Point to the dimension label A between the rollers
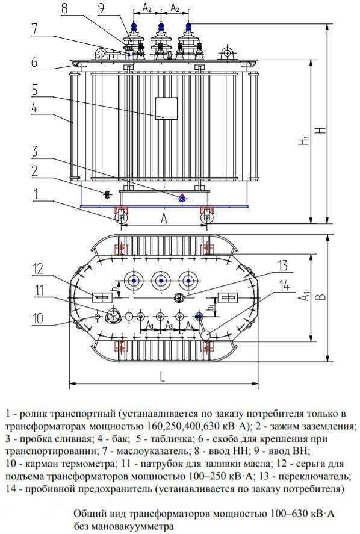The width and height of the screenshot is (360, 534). (163, 219)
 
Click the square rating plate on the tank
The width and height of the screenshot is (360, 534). (167, 108)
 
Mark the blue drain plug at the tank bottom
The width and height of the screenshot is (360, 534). (182, 198)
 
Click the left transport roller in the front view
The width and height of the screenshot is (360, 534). (121, 215)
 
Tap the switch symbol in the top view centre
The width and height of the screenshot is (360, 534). (178, 299)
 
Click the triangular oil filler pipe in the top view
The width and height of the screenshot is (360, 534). (112, 316)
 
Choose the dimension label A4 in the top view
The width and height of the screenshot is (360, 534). (190, 326)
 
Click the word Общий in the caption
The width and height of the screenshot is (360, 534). (88, 513)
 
